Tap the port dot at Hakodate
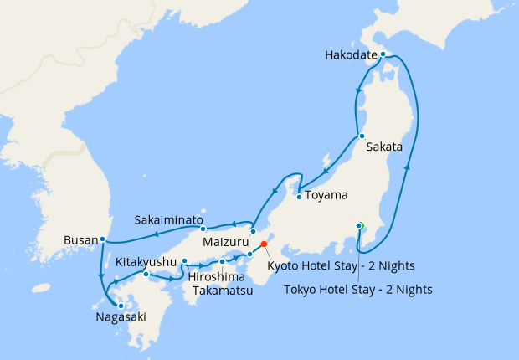point(383,54)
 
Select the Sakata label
point(385,147)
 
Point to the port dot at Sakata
point(360,136)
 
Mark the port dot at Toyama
point(299,198)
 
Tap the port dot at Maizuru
point(253,230)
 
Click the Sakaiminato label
point(169,221)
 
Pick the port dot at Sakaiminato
point(203,228)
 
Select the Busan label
point(81,241)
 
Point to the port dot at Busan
point(102,239)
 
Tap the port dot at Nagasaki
point(121,306)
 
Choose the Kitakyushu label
point(146,262)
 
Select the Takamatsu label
point(222,291)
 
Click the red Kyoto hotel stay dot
point(264,244)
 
